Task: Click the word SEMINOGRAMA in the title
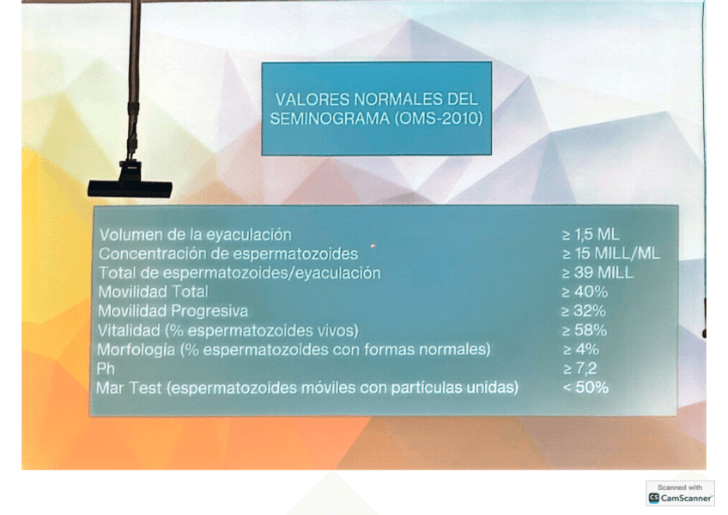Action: [331, 119]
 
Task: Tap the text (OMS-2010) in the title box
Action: [439, 119]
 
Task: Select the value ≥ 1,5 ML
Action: [591, 234]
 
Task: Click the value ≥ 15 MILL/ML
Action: [611, 254]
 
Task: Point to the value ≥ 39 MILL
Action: [598, 273]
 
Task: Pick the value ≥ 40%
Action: [585, 292]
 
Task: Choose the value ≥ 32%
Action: [584, 311]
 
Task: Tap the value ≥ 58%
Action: [585, 330]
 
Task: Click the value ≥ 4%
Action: [581, 350]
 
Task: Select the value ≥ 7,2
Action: [579, 369]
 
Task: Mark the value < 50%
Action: [585, 388]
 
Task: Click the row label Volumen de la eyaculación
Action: [196, 235]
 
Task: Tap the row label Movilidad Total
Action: [153, 292]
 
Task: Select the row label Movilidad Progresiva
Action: [173, 311]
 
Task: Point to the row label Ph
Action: [106, 369]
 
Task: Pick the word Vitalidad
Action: [129, 330]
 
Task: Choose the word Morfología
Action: [136, 350]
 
